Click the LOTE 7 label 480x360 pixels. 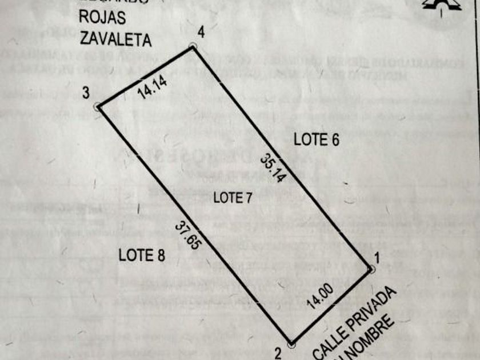tap(233, 198)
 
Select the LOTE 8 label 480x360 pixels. tap(142, 255)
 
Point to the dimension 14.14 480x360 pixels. tap(152, 88)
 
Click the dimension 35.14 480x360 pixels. tap(273, 166)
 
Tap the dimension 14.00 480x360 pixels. tap(319, 297)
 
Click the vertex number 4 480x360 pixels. tap(200, 30)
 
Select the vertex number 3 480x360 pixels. tap(85, 93)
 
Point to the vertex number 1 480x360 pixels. tap(377, 258)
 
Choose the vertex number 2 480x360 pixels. tap(278, 353)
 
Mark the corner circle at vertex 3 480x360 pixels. tap(98, 106)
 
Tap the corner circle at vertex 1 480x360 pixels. tap(371, 269)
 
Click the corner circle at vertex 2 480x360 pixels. tap(291, 345)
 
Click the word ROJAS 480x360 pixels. tap(102, 18)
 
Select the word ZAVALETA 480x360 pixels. tap(115, 39)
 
